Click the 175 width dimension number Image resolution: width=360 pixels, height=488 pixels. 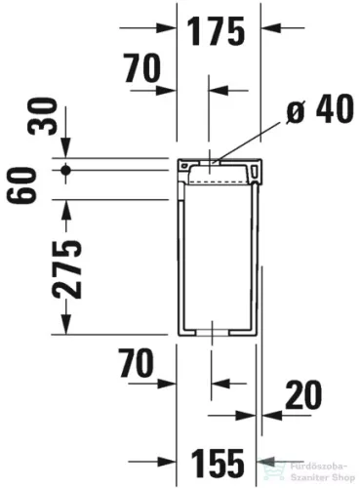click(217, 31)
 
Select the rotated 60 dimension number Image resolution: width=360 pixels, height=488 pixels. click(20, 185)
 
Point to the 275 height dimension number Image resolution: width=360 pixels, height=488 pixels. click(67, 269)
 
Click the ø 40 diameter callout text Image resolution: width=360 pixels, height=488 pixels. click(320, 109)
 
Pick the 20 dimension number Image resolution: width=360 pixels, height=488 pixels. click(303, 394)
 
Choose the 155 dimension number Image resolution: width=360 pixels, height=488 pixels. click(218, 463)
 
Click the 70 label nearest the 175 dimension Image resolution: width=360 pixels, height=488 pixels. click(142, 68)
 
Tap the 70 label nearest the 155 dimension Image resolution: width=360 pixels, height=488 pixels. click(137, 363)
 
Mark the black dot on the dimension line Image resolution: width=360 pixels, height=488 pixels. click(66, 170)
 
